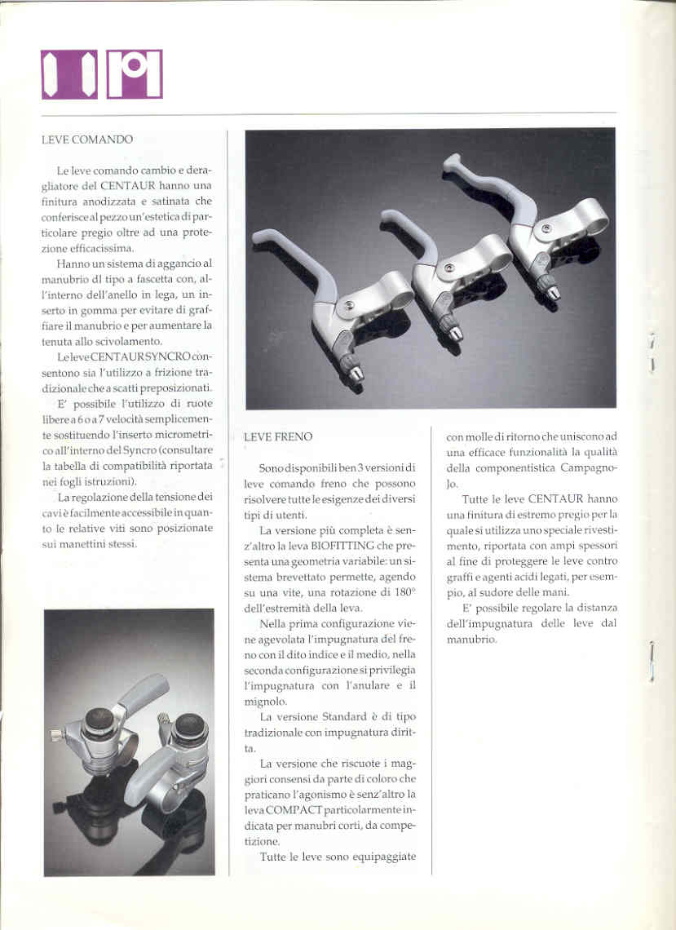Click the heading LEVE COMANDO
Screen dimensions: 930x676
point(86,139)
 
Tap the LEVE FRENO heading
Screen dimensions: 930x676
point(278,436)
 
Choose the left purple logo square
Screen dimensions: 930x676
point(68,74)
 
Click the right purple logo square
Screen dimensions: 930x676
point(134,74)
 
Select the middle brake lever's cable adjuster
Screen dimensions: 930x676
point(449,328)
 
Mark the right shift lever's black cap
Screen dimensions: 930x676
point(191,727)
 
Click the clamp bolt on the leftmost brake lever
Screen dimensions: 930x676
point(349,305)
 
